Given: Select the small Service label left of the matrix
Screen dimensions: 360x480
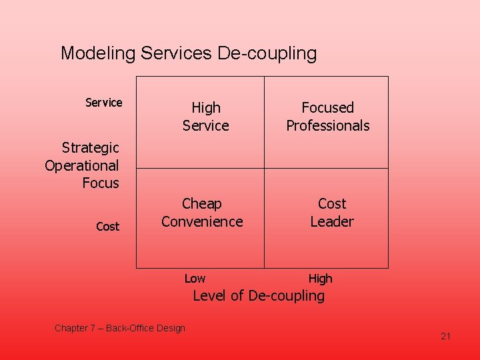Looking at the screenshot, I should coord(104,103).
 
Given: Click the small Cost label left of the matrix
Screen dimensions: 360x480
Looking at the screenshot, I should coord(107,227).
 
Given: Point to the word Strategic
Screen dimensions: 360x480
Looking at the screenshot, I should coord(90,147).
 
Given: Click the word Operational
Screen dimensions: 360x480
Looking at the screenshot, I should coord(82,165).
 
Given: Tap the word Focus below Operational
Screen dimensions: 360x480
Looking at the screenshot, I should coord(101,183).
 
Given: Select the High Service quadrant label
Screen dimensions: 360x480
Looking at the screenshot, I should coord(205,117).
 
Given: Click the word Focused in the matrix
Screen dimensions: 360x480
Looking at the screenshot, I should coord(327,107).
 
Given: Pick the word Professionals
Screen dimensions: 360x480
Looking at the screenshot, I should coord(327,125).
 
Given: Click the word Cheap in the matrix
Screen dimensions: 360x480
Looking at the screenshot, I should coord(201,203).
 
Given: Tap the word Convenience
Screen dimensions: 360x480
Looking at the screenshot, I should coord(202,221).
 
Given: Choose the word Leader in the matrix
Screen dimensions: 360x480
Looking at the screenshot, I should coord(332,221).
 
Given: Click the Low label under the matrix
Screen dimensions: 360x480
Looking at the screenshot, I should coord(195,279).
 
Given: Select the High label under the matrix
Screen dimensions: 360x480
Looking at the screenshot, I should coord(320,279).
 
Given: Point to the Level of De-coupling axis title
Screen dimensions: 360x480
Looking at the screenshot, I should coord(259,296).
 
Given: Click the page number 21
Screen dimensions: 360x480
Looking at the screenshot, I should coord(446,336).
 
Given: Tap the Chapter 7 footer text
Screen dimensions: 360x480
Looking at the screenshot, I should coord(120,328).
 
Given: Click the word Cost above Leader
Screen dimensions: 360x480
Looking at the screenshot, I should coord(332,203).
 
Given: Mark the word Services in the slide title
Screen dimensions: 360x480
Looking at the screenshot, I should coord(177,54).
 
